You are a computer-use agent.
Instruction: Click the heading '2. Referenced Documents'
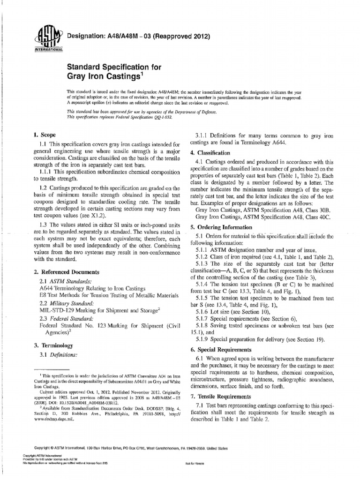click(67, 272)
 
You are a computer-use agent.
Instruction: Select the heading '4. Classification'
click(210, 153)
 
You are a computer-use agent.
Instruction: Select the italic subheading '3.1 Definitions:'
click(59, 355)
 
